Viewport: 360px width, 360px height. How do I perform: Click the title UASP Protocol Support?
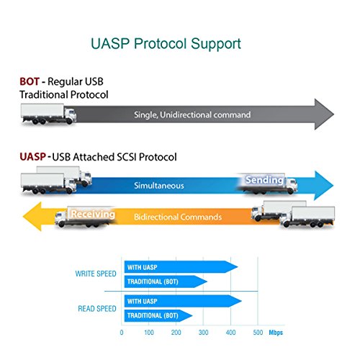tap(166, 44)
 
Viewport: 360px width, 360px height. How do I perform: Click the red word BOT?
tap(30, 81)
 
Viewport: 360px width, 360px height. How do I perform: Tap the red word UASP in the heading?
tap(32, 157)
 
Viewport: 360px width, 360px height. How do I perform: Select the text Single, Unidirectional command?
tap(192, 114)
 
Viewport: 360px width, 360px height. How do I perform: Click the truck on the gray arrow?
tap(48, 114)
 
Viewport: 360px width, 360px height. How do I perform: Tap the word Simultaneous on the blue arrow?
tap(159, 186)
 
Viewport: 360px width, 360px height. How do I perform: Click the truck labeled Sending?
tap(267, 184)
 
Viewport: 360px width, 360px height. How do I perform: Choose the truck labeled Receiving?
tap(86, 217)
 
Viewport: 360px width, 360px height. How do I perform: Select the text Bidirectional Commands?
tap(178, 217)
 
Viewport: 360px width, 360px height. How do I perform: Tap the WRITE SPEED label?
tap(96, 274)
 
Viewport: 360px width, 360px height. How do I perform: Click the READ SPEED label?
tap(97, 309)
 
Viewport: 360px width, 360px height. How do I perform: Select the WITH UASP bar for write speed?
tap(181, 267)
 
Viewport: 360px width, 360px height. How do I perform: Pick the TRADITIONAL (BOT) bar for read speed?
tap(158, 315)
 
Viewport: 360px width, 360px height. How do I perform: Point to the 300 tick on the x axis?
tap(203, 333)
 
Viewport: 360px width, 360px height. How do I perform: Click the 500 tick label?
tap(258, 333)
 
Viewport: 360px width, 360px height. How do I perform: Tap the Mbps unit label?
tap(276, 333)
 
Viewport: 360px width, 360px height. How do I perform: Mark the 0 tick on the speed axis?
tap(122, 333)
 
